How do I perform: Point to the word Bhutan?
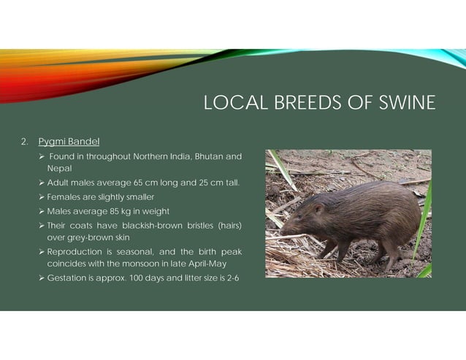(205, 156)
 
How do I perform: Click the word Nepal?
(59, 167)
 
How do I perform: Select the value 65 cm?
(143, 182)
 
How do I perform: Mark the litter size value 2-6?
(232, 278)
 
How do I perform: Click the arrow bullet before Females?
(42, 196)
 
